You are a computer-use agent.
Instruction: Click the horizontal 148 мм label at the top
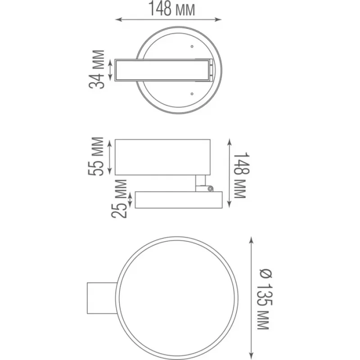pos(172,9)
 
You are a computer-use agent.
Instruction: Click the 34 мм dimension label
pos(97,69)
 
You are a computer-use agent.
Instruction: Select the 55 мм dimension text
pos(96,156)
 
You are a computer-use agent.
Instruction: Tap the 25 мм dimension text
pos(119,199)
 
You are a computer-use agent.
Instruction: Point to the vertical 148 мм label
pos(241,175)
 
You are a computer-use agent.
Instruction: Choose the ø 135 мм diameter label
pos(265,299)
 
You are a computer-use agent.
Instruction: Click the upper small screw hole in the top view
pos(192,46)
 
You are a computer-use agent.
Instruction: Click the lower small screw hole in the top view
pos(192,94)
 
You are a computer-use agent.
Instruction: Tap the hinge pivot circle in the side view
pos(210,189)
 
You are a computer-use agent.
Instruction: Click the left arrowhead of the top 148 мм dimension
pos(117,19)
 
